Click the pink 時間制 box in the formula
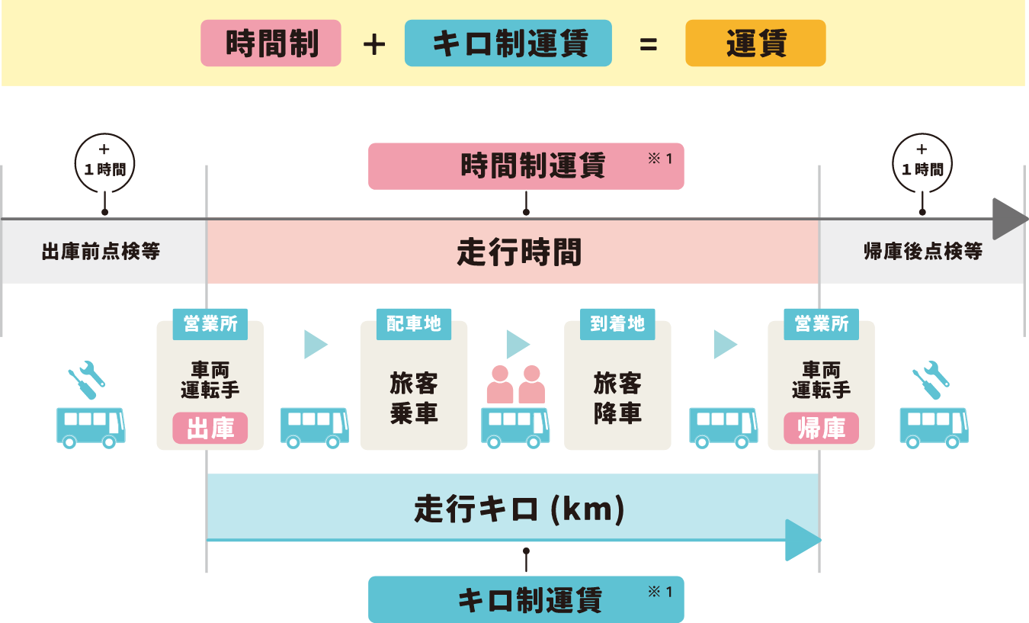(271, 43)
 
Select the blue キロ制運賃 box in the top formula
(508, 43)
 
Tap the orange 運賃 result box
(755, 43)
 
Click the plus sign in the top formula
(373, 44)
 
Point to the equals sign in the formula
(648, 44)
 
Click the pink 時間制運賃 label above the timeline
(526, 165)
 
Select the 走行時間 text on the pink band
(519, 252)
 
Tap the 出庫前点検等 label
(101, 252)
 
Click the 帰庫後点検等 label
(922, 252)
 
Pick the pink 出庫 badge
(210, 428)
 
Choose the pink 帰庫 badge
(821, 428)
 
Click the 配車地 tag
(413, 324)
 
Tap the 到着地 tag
(617, 324)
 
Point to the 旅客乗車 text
(413, 397)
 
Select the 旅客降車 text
(617, 397)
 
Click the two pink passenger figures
(516, 385)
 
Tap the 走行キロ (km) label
(519, 509)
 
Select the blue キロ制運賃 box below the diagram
(526, 599)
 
